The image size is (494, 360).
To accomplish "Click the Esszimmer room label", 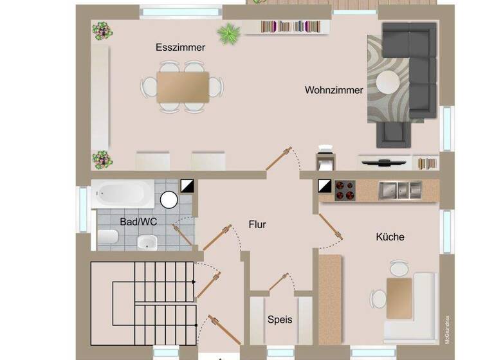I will [x=180, y=48].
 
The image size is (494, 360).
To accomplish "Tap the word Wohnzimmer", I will [x=334, y=91].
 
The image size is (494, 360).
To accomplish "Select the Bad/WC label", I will [x=138, y=222].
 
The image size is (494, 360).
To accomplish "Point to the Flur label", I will [x=257, y=224].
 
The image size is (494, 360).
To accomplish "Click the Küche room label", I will [x=390, y=237].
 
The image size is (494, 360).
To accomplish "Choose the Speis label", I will [x=280, y=319].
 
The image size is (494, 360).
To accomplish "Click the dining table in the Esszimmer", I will [x=183, y=87].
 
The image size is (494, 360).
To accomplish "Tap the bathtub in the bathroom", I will [x=123, y=193].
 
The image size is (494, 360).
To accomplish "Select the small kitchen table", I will [x=399, y=297].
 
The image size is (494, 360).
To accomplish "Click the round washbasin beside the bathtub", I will [x=169, y=200].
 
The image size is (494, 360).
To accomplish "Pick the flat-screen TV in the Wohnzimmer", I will [x=384, y=161].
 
